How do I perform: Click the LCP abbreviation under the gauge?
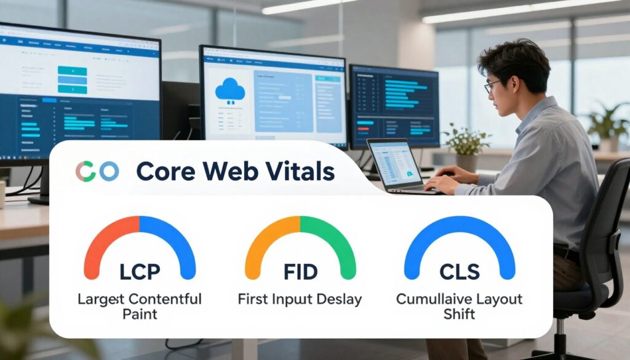[140, 271]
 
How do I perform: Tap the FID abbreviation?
[300, 271]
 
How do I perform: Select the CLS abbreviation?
[460, 271]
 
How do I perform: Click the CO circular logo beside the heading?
[97, 172]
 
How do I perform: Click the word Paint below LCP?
[140, 314]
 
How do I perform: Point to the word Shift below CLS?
[460, 314]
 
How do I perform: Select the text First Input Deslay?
[300, 300]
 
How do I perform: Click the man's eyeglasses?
[492, 87]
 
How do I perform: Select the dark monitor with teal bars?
[394, 105]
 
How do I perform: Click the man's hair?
[514, 58]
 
